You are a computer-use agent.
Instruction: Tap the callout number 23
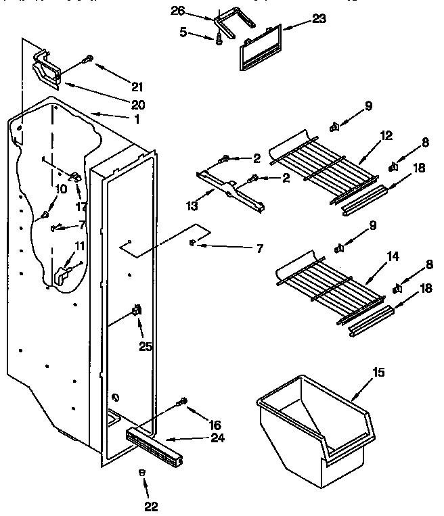(x=318, y=19)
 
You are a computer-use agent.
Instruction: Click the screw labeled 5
(x=219, y=41)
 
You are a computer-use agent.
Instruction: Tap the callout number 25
(x=146, y=347)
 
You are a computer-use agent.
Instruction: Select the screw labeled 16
(x=181, y=402)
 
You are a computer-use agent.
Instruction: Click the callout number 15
(x=378, y=371)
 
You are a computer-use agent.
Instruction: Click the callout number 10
(x=61, y=189)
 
